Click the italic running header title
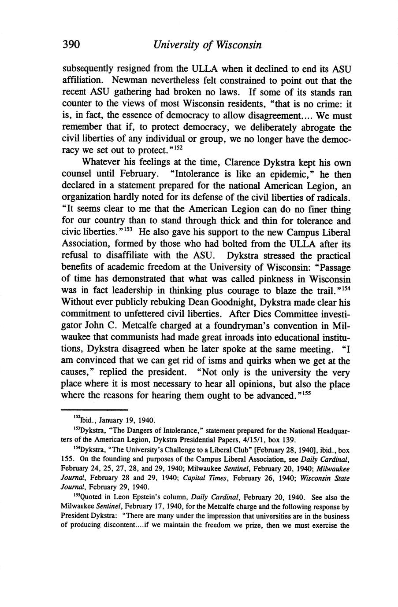click(x=206, y=45)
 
